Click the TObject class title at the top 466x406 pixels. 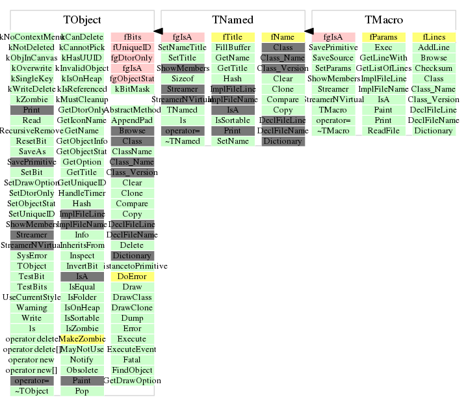pyautogui.click(x=82, y=21)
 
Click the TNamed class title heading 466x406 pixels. pyautogui.click(x=233, y=21)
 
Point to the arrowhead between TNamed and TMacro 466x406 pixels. pyautogui.click(x=309, y=31)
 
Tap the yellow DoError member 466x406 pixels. pyautogui.click(x=132, y=277)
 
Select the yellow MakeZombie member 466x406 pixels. pyautogui.click(x=82, y=339)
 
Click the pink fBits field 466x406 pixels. pyautogui.click(x=132, y=37)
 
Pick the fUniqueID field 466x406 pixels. pyautogui.click(x=132, y=47)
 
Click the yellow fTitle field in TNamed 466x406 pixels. pyautogui.click(x=233, y=37)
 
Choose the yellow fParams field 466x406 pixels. pyautogui.click(x=383, y=37)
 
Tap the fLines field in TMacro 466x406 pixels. pyautogui.click(x=434, y=37)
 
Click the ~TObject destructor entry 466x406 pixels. pyautogui.click(x=32, y=391)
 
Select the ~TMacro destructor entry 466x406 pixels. pyautogui.click(x=333, y=131)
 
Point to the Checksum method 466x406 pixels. pyautogui.click(x=434, y=68)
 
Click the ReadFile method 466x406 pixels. pyautogui.click(x=383, y=131)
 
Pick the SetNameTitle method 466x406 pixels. pyautogui.click(x=183, y=47)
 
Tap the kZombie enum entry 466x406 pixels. pyautogui.click(x=32, y=100)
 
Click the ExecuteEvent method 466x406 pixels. pyautogui.click(x=132, y=349)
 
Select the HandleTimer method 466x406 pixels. pyautogui.click(x=82, y=193)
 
